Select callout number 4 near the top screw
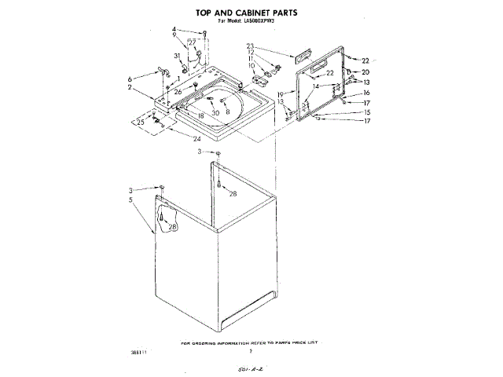[174, 30]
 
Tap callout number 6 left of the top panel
[130, 79]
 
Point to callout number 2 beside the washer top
[130, 87]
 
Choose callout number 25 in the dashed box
[141, 122]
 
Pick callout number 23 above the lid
[250, 46]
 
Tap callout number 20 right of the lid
[365, 72]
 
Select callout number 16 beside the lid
[365, 93]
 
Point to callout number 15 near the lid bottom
[365, 112]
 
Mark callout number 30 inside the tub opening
[215, 113]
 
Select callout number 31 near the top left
[177, 55]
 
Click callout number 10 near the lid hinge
[252, 65]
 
